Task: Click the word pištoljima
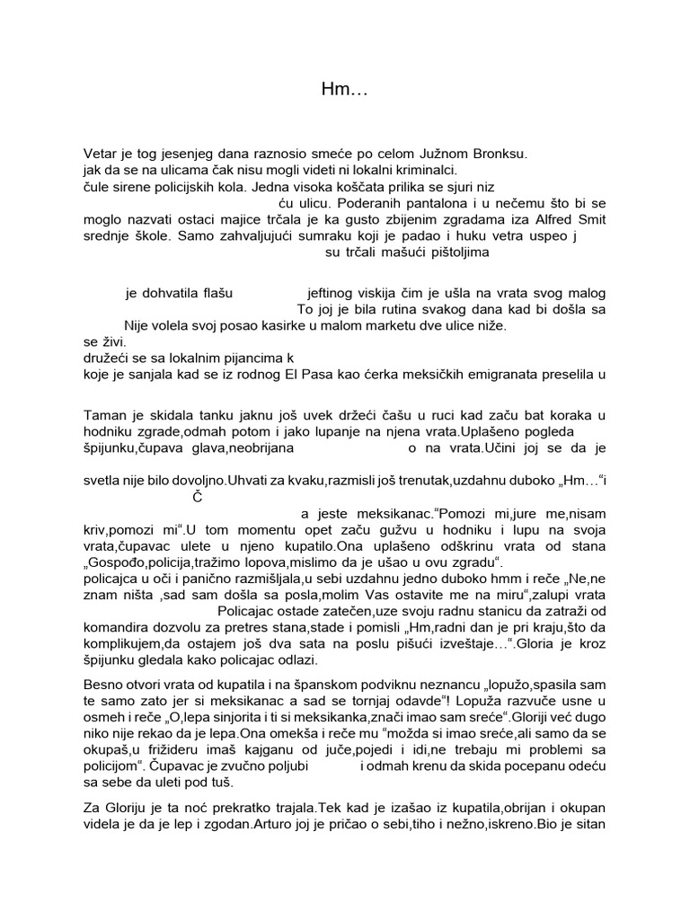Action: (x=456, y=252)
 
